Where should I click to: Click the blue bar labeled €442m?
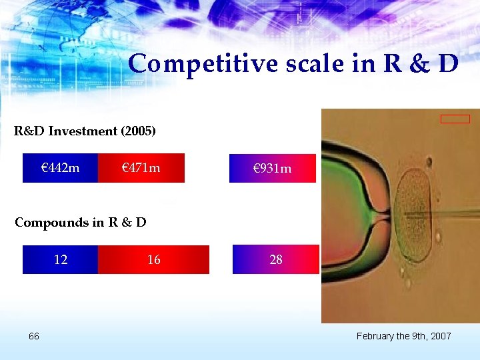click(60, 168)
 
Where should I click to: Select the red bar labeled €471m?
click(141, 168)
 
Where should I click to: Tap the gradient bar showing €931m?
click(273, 168)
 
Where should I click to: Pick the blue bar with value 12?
click(60, 259)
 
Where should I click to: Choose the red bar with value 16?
click(153, 259)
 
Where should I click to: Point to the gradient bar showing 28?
click(276, 259)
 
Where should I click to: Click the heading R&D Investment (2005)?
click(85, 131)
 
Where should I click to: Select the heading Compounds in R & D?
click(80, 222)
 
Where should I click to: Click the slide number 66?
click(34, 336)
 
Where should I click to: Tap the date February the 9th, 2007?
click(403, 336)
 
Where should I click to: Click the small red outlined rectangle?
click(455, 119)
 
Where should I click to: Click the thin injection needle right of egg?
click(460, 215)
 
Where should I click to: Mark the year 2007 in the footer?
click(441, 336)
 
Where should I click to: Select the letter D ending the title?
click(448, 64)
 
